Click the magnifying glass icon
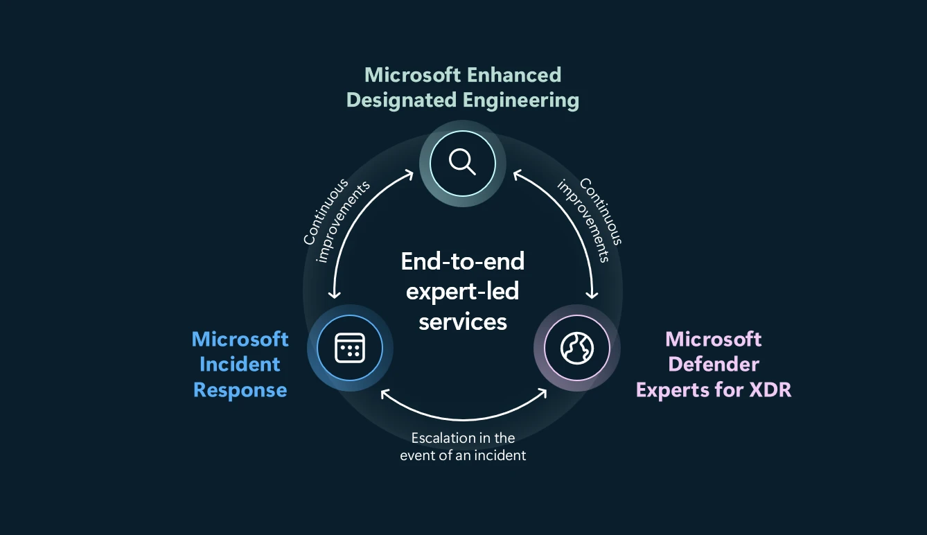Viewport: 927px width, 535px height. point(462,163)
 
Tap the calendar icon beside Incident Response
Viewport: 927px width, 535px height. point(349,347)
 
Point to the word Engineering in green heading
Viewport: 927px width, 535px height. point(521,100)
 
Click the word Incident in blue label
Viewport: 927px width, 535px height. point(240,365)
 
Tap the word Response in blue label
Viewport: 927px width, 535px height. point(240,389)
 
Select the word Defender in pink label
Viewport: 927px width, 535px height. point(714,365)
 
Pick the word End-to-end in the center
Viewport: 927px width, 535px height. point(463,261)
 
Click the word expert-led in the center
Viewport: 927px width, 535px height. point(463,291)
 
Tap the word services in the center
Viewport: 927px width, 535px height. point(463,322)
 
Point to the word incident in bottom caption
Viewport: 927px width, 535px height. point(504,455)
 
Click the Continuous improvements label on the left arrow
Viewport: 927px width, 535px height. point(335,221)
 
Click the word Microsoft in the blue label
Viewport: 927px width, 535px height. point(240,339)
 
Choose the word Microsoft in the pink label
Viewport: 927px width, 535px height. point(714,339)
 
